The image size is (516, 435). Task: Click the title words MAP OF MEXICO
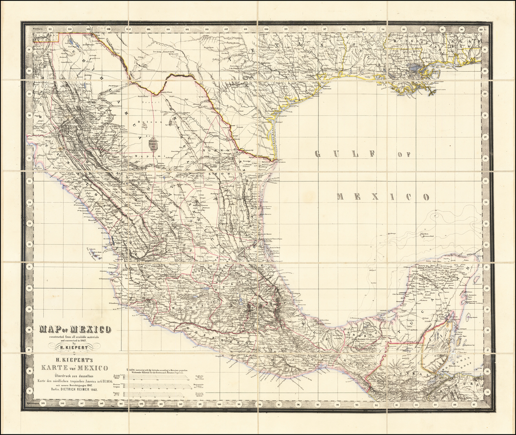point(75,330)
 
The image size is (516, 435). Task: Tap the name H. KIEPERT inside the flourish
point(75,346)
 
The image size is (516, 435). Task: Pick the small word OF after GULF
point(404,154)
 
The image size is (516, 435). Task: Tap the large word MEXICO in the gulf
point(383,197)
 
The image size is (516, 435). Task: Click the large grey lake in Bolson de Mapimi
point(153,144)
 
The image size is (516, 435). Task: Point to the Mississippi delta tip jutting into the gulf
point(432,93)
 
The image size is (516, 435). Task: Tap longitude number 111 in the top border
point(50,29)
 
